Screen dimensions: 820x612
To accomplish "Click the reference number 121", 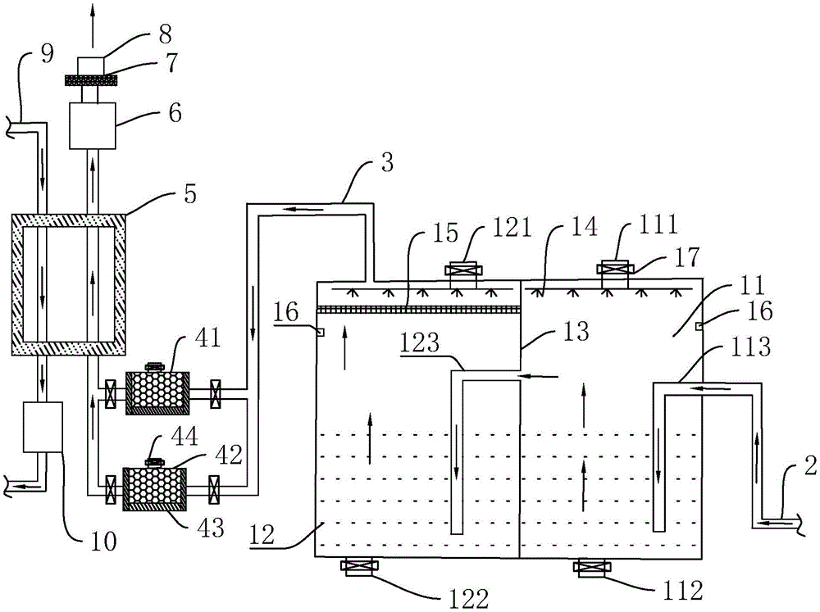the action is [x=512, y=227].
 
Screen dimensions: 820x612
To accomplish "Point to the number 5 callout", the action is [x=190, y=194].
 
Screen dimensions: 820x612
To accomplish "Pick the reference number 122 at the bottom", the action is [x=468, y=598].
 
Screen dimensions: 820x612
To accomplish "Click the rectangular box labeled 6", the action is [x=93, y=126].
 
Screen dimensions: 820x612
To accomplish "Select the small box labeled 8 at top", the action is [x=90, y=66].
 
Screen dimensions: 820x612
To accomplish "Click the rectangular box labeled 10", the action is [x=43, y=427].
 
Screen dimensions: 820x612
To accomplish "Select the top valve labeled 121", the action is [x=462, y=270].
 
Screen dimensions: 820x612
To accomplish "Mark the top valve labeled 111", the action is [x=616, y=269].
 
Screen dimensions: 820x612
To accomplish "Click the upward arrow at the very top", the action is [x=93, y=25].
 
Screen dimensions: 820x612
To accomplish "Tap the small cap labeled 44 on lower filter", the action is [x=154, y=462].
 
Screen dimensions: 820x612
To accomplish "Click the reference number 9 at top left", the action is [x=47, y=54].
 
